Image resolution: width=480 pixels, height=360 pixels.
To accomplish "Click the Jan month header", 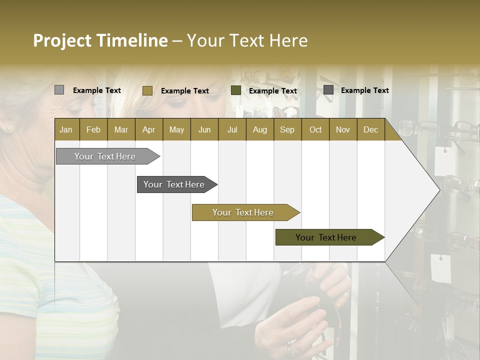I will pyautogui.click(x=66, y=129).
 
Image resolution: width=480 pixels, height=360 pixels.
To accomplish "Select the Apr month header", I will pyautogui.click(x=148, y=129).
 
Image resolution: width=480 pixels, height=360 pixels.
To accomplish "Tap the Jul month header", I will pyautogui.click(x=232, y=129).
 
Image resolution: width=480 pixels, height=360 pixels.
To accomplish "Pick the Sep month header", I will pyautogui.click(x=287, y=129).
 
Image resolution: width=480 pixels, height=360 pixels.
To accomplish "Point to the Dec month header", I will pyautogui.click(x=370, y=129).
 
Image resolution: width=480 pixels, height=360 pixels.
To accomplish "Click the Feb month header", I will pyautogui.click(x=93, y=129).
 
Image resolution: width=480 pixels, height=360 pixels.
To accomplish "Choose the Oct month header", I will pyautogui.click(x=315, y=129).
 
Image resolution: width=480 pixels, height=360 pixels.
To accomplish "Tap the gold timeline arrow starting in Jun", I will pyautogui.click(x=243, y=212).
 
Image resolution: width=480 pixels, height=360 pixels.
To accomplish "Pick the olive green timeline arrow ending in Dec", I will pyautogui.click(x=327, y=237).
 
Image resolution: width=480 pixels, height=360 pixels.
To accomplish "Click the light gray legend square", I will pyautogui.click(x=59, y=90).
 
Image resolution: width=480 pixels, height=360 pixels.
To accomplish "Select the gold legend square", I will pyautogui.click(x=147, y=90).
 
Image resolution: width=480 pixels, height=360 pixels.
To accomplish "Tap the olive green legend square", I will pyautogui.click(x=236, y=90).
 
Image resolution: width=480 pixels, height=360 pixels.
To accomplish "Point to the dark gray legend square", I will pyautogui.click(x=328, y=90).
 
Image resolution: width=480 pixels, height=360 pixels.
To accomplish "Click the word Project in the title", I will pyautogui.click(x=62, y=40).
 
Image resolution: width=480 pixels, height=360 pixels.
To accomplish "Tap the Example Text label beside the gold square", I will pyautogui.click(x=184, y=91).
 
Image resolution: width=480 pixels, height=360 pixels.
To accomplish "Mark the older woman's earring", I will pyautogui.click(x=8, y=129).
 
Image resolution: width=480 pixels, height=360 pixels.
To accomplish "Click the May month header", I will pyautogui.click(x=176, y=129).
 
